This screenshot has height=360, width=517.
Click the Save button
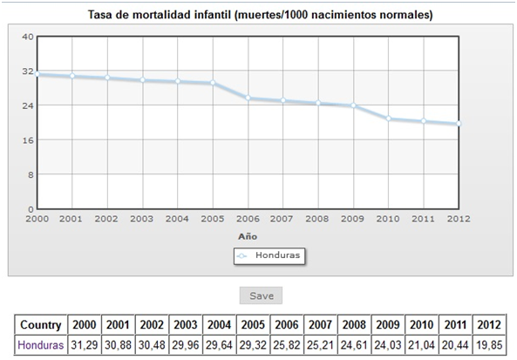pos(261,295)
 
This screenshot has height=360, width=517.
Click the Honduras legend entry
pos(274,255)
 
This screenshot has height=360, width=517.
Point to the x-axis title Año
pos(248,235)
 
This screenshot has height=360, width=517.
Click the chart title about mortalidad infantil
pos(261,16)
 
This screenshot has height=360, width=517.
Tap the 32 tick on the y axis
pos(27,71)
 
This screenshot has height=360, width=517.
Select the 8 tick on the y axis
pos(30,174)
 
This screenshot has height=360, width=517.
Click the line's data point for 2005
pos(213,83)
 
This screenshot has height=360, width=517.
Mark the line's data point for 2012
pos(458,124)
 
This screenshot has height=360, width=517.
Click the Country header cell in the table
pos(39,324)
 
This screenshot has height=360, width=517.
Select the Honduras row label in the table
pos(39,346)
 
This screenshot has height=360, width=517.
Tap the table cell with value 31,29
pos(85,346)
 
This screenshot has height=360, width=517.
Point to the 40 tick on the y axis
pos(27,37)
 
